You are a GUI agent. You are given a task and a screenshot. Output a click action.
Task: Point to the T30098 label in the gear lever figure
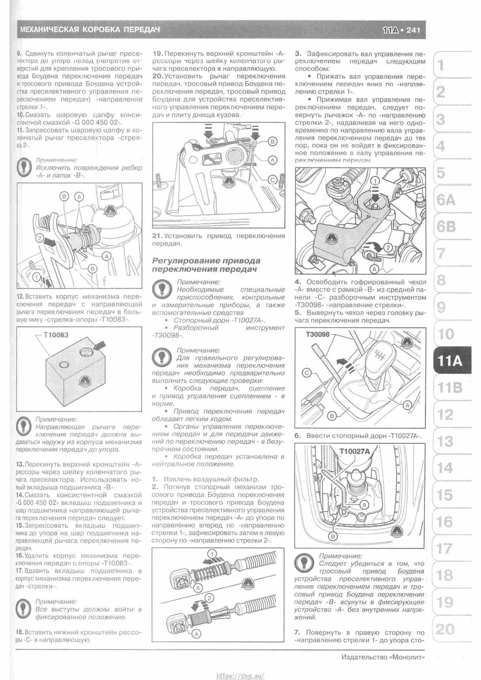(317, 334)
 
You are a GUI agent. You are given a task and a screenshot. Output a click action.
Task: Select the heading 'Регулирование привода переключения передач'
(206, 265)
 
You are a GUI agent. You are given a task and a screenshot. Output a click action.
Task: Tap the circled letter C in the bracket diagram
(273, 179)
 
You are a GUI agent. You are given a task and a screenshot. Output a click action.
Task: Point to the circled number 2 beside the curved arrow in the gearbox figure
(388, 248)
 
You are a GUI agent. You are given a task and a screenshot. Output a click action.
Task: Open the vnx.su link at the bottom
(240, 674)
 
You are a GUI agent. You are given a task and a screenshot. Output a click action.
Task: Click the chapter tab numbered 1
(441, 65)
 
